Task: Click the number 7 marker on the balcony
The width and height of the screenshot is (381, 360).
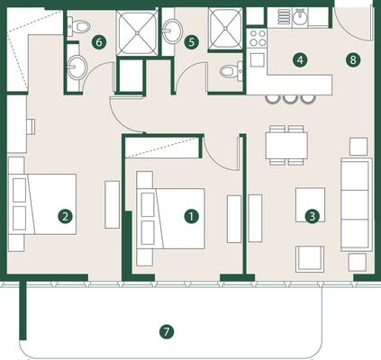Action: click(x=167, y=332)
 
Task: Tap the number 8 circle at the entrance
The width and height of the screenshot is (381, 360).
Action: click(x=353, y=60)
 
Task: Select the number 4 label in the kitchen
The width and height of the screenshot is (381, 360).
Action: click(x=300, y=60)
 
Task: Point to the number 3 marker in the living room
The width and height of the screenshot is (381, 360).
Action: click(x=313, y=216)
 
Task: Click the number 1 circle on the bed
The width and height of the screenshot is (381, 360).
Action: click(x=192, y=216)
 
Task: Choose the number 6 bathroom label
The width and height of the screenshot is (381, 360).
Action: click(x=99, y=42)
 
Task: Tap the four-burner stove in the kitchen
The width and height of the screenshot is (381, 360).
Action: click(x=258, y=38)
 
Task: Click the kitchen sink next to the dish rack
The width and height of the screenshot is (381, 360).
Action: click(x=300, y=18)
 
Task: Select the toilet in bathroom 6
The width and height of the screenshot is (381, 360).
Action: click(x=78, y=25)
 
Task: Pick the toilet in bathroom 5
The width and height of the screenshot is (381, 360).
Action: click(x=231, y=71)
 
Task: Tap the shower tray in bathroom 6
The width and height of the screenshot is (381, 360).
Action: click(x=137, y=32)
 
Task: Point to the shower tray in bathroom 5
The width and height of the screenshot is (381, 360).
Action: click(x=225, y=29)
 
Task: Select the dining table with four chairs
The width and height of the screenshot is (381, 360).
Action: click(x=286, y=146)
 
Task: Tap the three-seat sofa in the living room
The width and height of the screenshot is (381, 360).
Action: click(x=357, y=204)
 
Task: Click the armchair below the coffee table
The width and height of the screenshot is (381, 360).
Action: click(x=310, y=259)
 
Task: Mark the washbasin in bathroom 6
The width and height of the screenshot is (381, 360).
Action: click(x=77, y=67)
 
